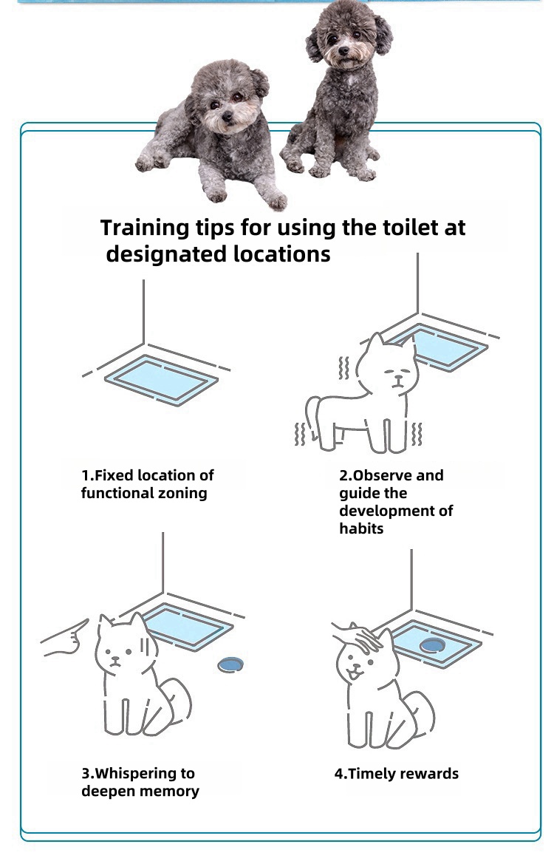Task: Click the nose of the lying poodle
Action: [x=227, y=117]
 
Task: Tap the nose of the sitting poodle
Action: [x=343, y=51]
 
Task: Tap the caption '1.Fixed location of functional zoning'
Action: [x=147, y=484]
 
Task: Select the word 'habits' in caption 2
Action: [x=361, y=528]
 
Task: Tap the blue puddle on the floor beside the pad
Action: [x=230, y=664]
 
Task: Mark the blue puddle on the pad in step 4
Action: [x=432, y=645]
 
